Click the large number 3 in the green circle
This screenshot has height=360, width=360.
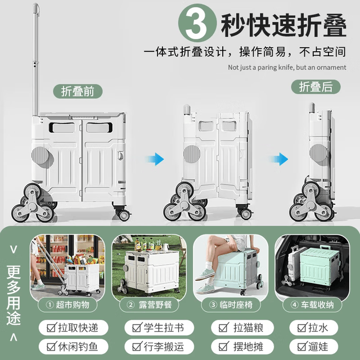click(x=196, y=23)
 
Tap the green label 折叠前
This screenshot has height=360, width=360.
click(x=78, y=91)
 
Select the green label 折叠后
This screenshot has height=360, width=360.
click(x=316, y=87)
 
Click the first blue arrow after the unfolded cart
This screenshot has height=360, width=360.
click(x=155, y=159)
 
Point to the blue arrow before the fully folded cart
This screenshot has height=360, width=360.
click(x=279, y=159)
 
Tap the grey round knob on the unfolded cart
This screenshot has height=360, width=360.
click(x=40, y=155)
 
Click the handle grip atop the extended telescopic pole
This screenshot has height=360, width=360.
click(x=36, y=8)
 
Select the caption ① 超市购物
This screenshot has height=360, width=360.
click(x=67, y=305)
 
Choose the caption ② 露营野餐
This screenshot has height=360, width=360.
click(x=149, y=305)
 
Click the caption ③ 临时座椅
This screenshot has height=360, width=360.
click(x=231, y=305)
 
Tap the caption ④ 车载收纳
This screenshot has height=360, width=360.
click(x=312, y=305)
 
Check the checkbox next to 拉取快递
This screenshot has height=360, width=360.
click(x=52, y=327)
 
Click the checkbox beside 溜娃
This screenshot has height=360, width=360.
click(x=302, y=346)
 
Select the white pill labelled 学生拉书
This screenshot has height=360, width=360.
click(x=159, y=327)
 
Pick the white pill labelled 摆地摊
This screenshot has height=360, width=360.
click(x=242, y=346)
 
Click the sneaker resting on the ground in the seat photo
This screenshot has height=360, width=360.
click(x=205, y=289)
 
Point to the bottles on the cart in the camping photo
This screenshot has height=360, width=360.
click(x=147, y=245)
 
